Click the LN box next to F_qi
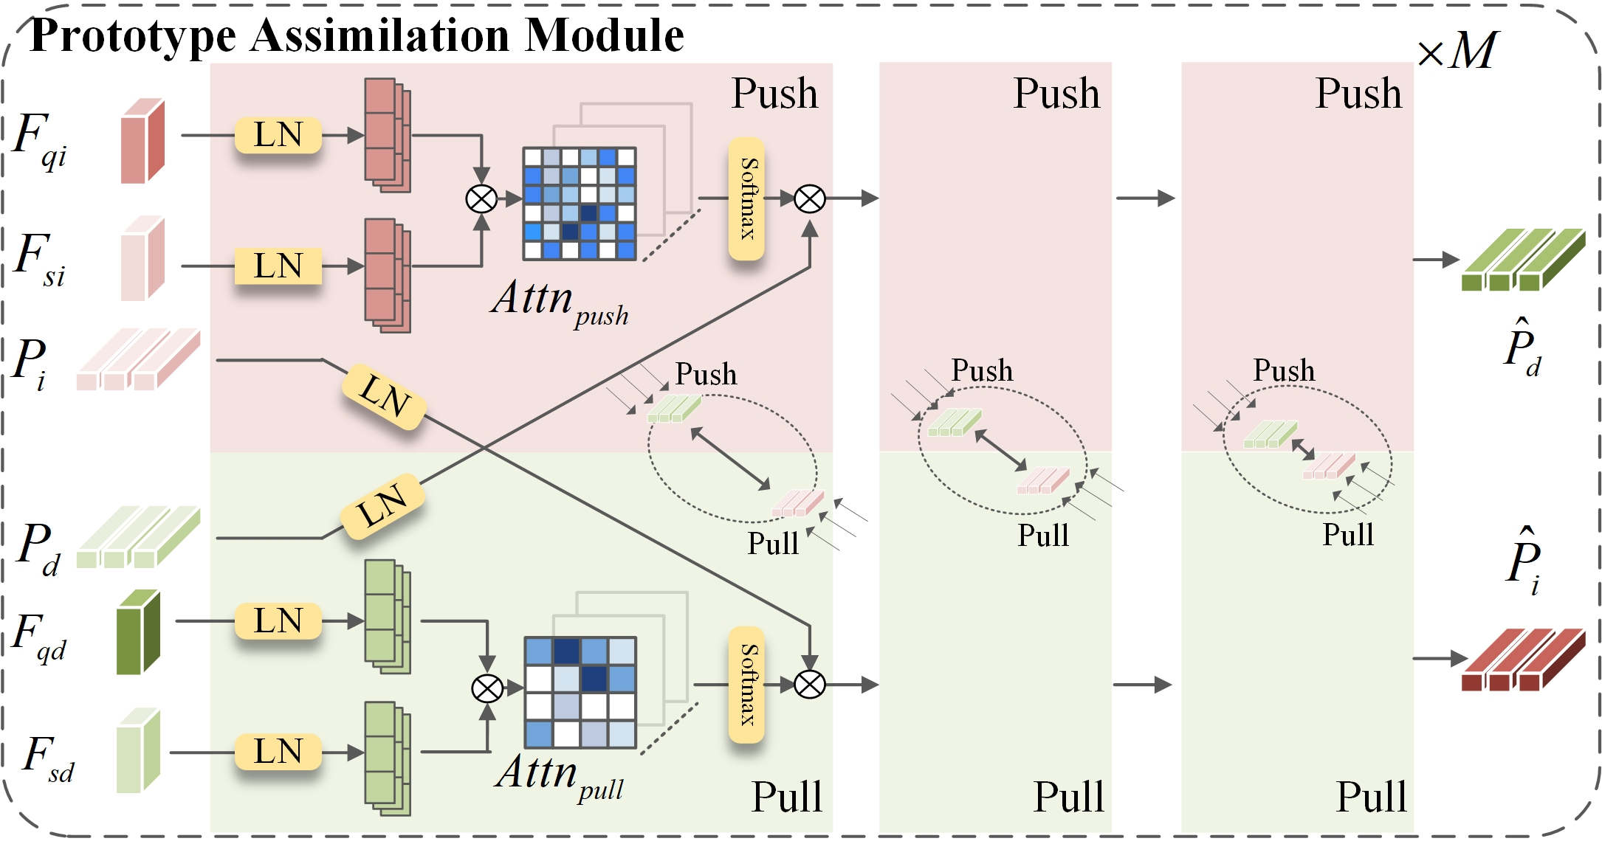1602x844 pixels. [x=278, y=135]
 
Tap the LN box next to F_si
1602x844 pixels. [x=278, y=266]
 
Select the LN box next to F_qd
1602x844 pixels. [x=278, y=621]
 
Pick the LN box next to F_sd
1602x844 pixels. [x=278, y=752]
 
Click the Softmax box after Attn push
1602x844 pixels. [x=746, y=198]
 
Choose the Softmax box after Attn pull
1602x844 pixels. [x=746, y=685]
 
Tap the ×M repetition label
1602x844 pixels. [x=1457, y=51]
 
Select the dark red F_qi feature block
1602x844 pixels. [x=142, y=141]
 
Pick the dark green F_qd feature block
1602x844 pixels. [x=138, y=632]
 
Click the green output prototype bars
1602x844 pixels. [x=1523, y=260]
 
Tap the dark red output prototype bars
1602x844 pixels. [x=1523, y=660]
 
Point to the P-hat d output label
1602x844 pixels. [x=1523, y=347]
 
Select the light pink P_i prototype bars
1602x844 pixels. [x=138, y=359]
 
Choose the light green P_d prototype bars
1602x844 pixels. [x=138, y=537]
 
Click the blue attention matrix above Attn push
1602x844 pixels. [x=580, y=204]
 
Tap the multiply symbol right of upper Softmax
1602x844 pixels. [x=810, y=198]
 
